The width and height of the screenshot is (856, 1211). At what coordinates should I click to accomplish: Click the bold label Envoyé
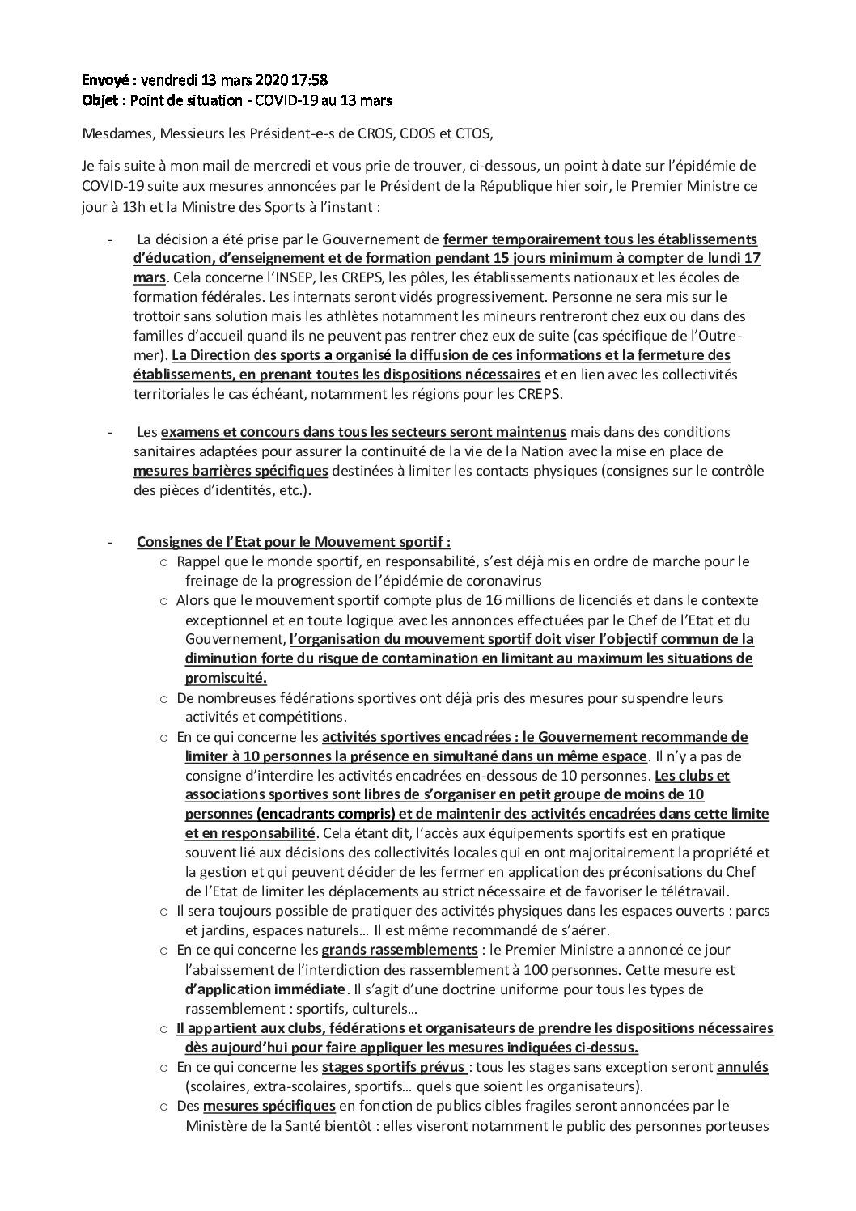pyautogui.click(x=108, y=81)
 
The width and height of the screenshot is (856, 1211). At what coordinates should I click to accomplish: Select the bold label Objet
pyautogui.click(x=103, y=101)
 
